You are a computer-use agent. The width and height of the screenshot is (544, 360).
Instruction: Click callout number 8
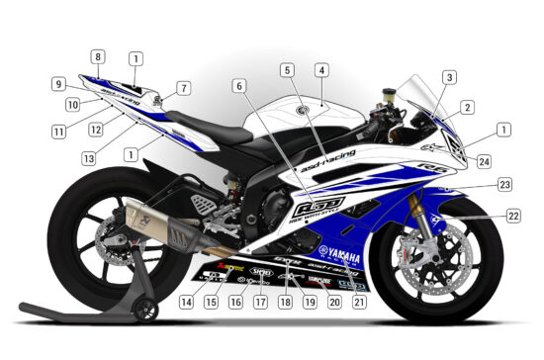tap(98, 57)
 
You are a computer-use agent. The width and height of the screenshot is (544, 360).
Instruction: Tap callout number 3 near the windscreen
tap(450, 76)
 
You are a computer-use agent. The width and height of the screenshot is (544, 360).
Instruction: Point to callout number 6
tap(238, 86)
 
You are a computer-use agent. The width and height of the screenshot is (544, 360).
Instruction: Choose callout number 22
tap(513, 215)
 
